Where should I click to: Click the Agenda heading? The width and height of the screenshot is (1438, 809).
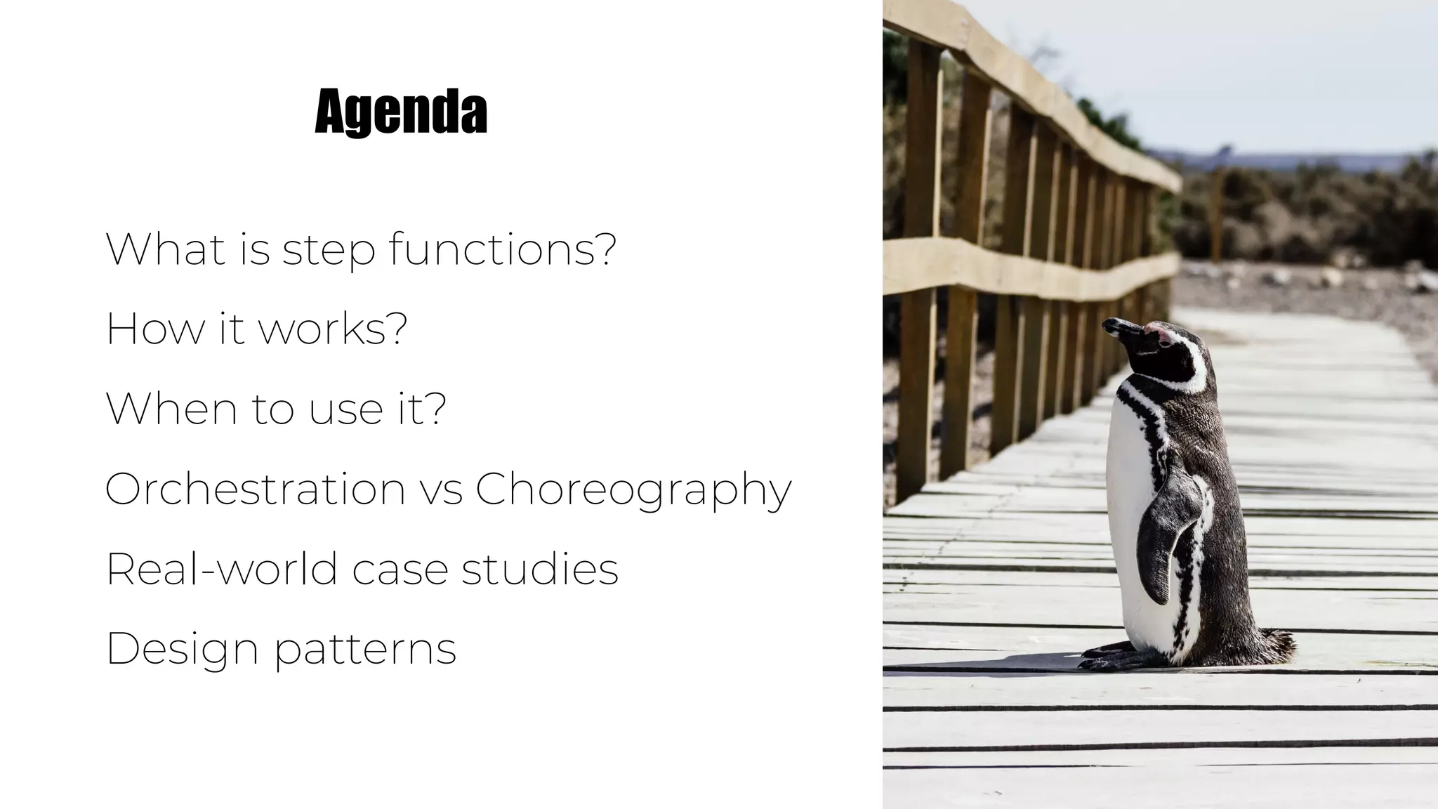pos(401,112)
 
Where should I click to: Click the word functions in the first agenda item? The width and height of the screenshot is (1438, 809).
pos(503,249)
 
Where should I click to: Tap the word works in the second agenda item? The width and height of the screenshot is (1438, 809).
pos(333,328)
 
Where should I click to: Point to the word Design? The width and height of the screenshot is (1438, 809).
pos(183,650)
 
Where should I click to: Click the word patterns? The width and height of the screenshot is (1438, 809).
pos(365,651)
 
